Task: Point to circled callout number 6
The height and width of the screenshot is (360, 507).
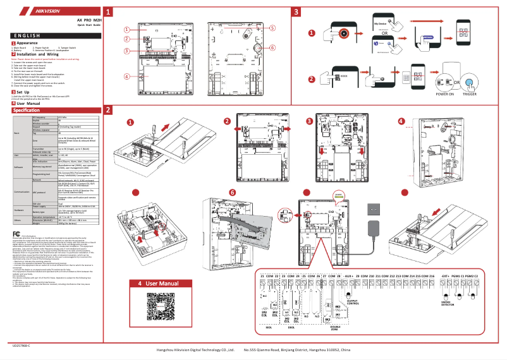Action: [x=272, y=47]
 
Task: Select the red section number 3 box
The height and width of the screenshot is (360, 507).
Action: [x=296, y=12]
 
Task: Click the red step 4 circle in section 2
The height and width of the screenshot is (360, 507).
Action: [x=401, y=121]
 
